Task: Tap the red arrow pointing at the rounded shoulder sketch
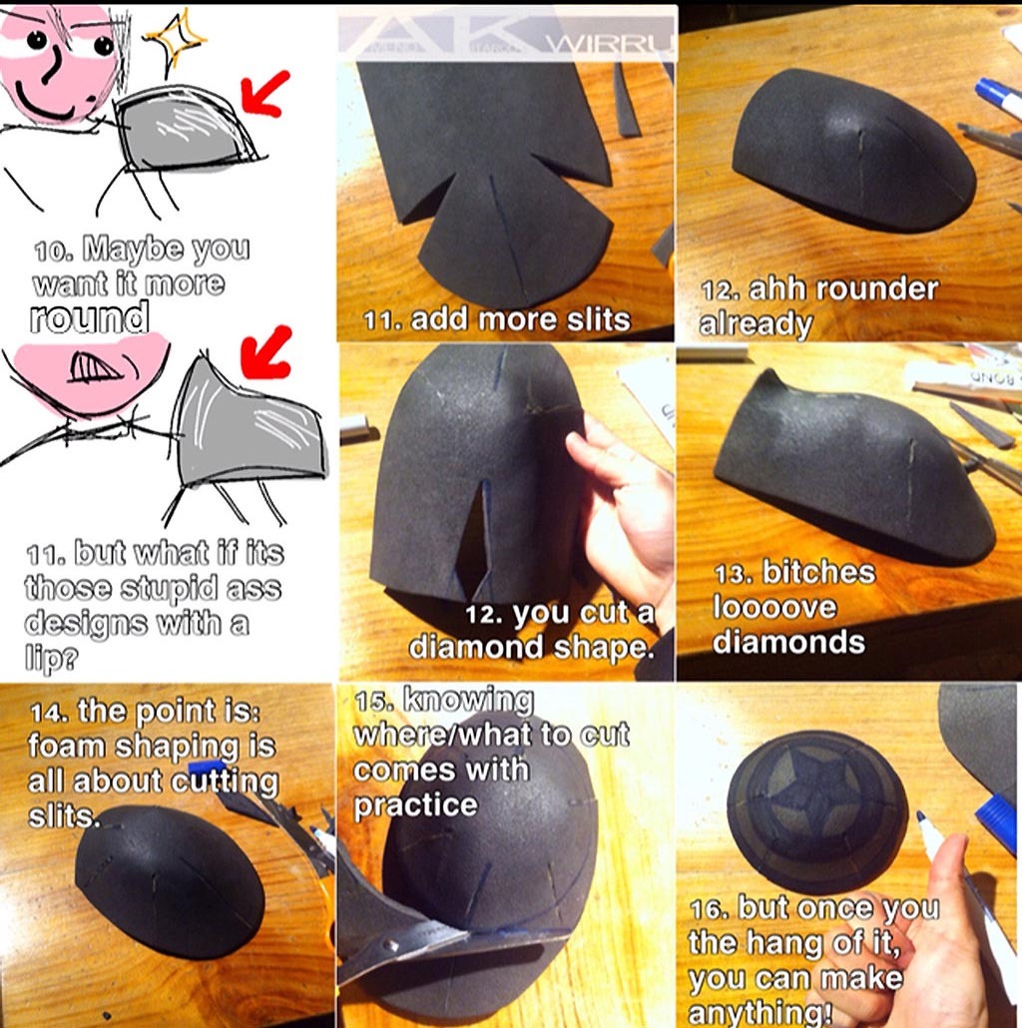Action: click(x=263, y=93)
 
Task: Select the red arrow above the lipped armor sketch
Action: click(x=264, y=352)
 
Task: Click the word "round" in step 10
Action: click(x=89, y=318)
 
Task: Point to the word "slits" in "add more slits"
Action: click(x=598, y=320)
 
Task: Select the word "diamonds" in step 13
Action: click(x=788, y=642)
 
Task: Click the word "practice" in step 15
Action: click(x=415, y=805)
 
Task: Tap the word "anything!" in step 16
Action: click(x=761, y=1014)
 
